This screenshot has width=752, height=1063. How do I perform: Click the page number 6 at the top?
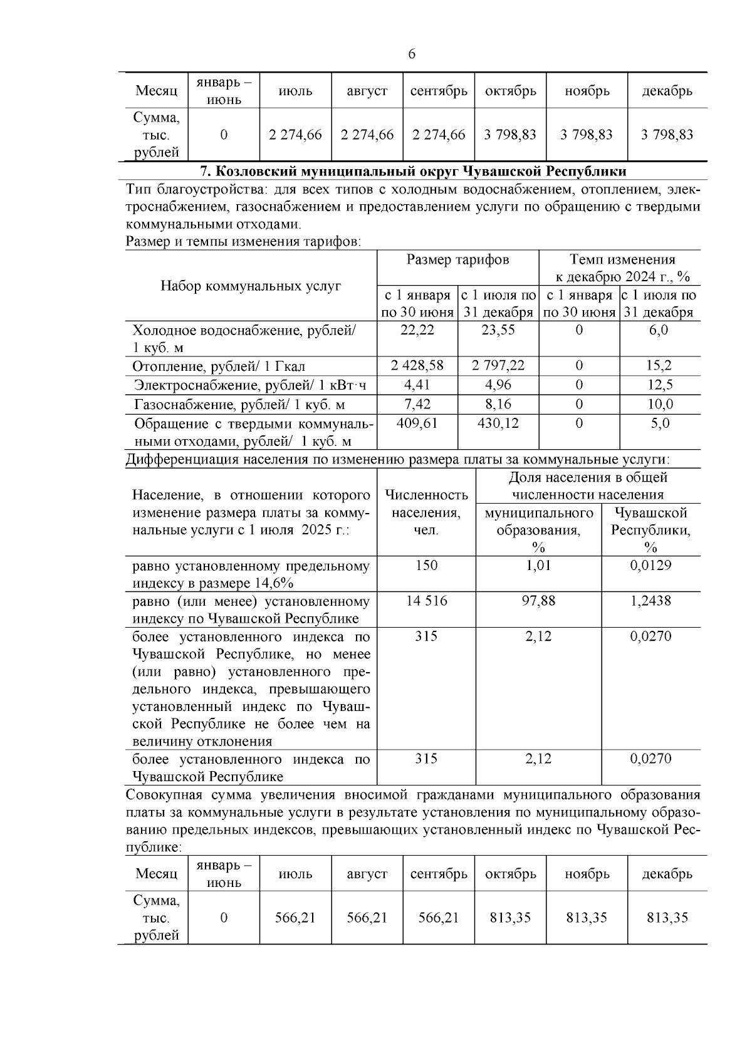click(412, 54)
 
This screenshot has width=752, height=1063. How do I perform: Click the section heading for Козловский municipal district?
click(412, 171)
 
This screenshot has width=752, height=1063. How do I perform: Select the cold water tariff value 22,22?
click(417, 330)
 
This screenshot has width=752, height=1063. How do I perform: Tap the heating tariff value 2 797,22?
click(498, 365)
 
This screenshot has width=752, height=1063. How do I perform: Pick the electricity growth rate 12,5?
click(660, 385)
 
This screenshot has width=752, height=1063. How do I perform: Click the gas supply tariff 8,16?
click(498, 404)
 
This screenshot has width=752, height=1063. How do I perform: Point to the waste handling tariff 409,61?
click(417, 423)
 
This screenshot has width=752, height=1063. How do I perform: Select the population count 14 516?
click(426, 601)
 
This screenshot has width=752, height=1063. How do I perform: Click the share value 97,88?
click(538, 601)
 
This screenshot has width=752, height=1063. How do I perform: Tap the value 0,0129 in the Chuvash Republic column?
click(650, 566)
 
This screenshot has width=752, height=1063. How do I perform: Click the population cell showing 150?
click(426, 566)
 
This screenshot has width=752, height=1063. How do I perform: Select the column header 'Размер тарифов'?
click(457, 260)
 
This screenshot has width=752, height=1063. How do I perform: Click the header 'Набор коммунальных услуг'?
click(251, 286)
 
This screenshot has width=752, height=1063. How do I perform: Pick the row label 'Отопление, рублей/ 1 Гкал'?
click(219, 366)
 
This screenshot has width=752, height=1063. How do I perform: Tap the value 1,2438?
click(650, 601)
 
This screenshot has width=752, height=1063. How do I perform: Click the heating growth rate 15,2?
click(660, 365)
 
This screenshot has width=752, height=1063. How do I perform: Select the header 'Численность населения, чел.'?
click(426, 512)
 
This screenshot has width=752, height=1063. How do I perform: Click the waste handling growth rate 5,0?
click(660, 423)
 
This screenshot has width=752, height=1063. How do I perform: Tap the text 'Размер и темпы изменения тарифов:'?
click(243, 242)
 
